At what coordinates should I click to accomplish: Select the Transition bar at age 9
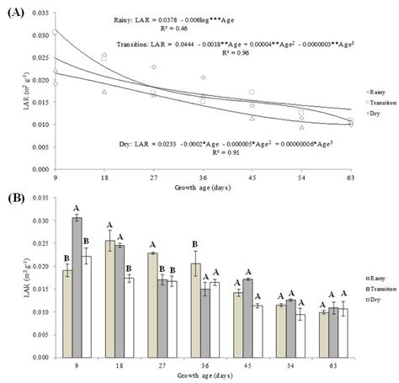coord(76,287)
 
